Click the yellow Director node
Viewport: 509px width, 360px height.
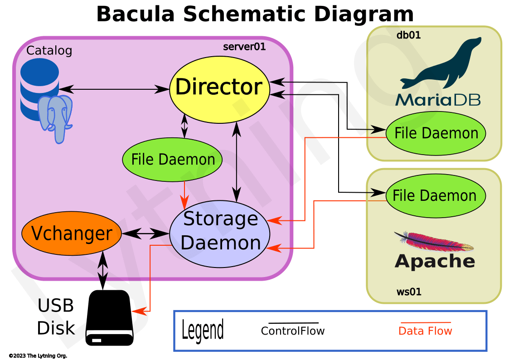tap(219, 87)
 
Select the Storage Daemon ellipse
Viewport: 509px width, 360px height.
tap(220, 231)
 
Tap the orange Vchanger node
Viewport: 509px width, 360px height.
tap(72, 234)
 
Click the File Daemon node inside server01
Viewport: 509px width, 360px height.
tap(173, 160)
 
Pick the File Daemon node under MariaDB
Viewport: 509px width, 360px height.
tap(436, 133)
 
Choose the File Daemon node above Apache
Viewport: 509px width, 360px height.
tap(435, 196)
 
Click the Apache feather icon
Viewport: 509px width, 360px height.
tap(433, 242)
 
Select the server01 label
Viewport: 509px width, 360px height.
tap(244, 47)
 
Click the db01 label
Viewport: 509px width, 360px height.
tap(409, 35)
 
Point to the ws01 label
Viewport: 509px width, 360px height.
tap(409, 292)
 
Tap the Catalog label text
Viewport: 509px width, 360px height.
tap(49, 50)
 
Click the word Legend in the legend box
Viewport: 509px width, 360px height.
tap(202, 330)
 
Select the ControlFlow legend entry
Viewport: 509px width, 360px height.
tap(293, 331)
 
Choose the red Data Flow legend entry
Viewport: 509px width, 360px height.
tap(425, 331)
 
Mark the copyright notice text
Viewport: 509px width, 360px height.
tap(38, 356)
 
